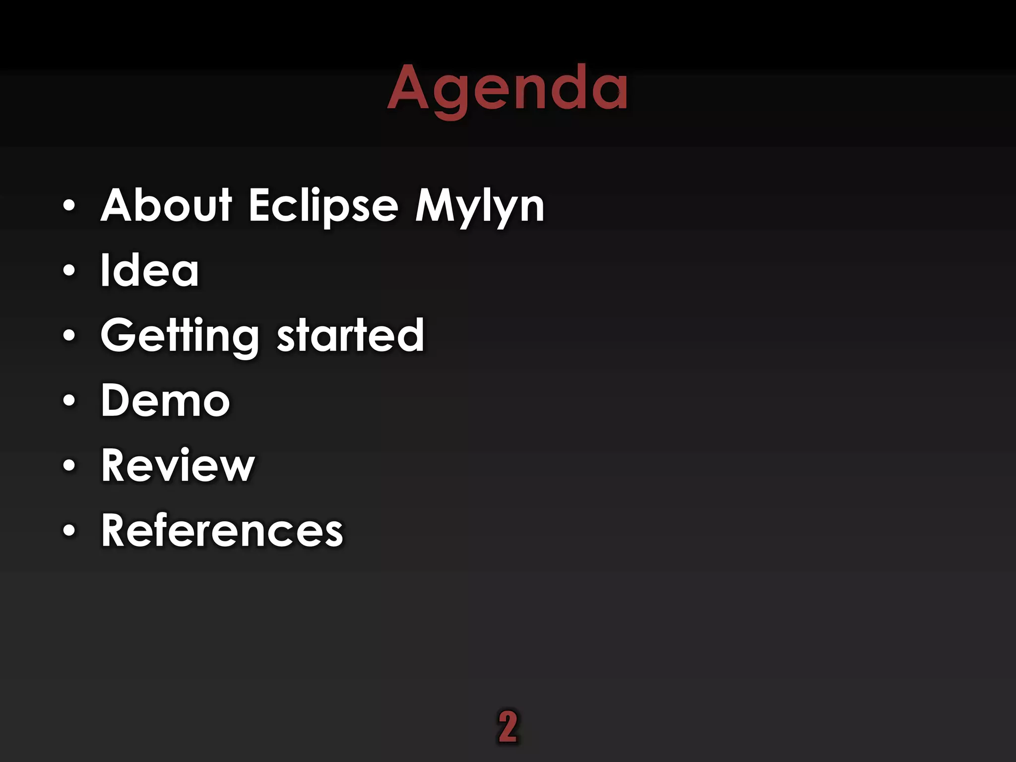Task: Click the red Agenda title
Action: (508, 88)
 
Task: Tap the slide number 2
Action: (508, 727)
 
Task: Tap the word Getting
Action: (180, 336)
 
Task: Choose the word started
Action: (350, 335)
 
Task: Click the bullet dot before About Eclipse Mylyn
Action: (69, 205)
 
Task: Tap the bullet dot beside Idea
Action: (69, 270)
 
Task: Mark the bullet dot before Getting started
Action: (69, 335)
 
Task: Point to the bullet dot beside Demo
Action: (69, 400)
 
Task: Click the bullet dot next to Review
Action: (69, 465)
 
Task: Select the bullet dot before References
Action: (69, 530)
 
